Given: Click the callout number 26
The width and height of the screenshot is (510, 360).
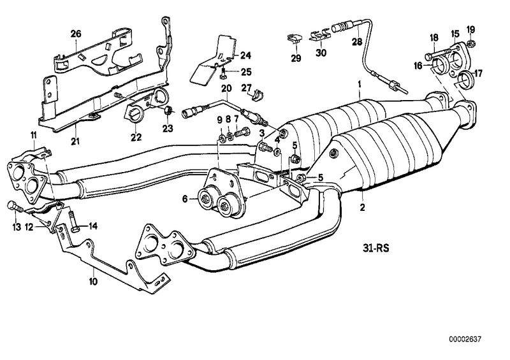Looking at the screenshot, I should pyautogui.click(x=76, y=33).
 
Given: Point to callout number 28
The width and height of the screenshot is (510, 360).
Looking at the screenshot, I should pyautogui.click(x=356, y=41).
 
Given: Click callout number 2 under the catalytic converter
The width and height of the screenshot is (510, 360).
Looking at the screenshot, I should pyautogui.click(x=361, y=207).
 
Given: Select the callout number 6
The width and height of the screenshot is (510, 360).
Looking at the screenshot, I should pyautogui.click(x=185, y=199).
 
